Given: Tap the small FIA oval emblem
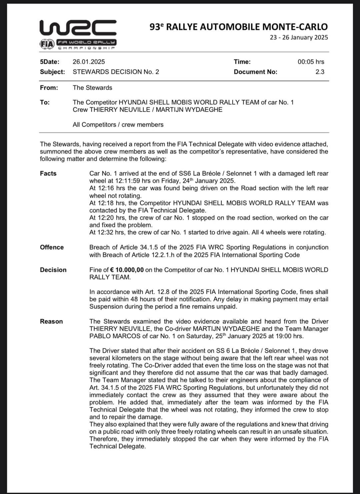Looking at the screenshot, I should tap(46, 44).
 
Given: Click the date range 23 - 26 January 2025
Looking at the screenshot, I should tap(299, 37).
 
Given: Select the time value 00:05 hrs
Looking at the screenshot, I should tap(311, 62).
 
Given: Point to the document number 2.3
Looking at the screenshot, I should tap(320, 72).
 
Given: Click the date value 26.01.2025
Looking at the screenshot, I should tap(89, 62).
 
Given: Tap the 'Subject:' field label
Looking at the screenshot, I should tap(52, 72).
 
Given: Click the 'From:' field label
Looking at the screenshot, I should tap(49, 88).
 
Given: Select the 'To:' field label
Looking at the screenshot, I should tap(45, 102).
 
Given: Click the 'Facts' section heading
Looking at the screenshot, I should tap(48, 173).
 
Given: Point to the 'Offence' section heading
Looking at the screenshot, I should tap(52, 247).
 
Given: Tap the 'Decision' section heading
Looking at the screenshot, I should tap(53, 270).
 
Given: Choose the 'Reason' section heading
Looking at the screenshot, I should tap(51, 321).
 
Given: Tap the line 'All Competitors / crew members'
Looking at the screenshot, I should tap(118, 125).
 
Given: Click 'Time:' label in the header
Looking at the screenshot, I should tap(242, 62).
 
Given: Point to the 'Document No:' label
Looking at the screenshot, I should tap(255, 72).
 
